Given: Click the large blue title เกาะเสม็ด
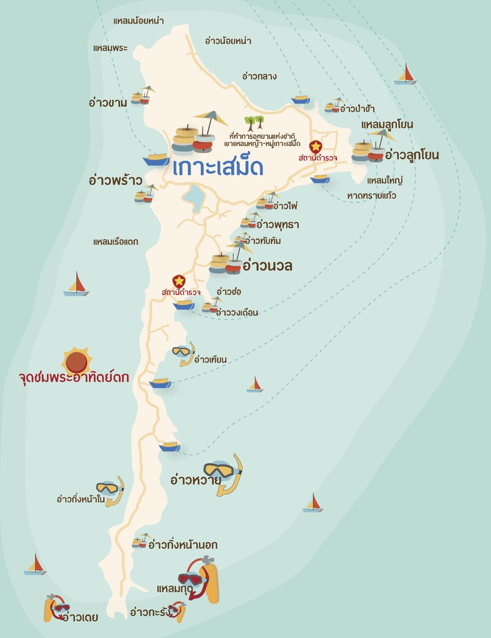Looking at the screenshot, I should [x=218, y=167].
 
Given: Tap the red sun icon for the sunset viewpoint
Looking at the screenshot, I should [x=77, y=361].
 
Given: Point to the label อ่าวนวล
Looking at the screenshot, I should [x=267, y=266].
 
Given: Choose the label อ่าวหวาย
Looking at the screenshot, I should [x=196, y=478].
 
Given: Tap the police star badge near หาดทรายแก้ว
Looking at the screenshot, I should [x=316, y=146].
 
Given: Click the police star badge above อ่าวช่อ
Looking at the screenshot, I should [x=178, y=281].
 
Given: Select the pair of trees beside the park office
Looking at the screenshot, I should [x=254, y=122].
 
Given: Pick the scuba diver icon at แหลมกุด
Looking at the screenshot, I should [x=201, y=577].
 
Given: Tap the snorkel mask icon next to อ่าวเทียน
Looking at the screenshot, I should [x=184, y=353].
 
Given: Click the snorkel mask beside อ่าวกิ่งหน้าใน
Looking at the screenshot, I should [x=111, y=490].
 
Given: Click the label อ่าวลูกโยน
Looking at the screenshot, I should [x=411, y=155].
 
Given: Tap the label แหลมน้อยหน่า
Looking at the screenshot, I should [x=138, y=21].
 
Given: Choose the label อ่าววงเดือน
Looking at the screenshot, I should [x=237, y=312].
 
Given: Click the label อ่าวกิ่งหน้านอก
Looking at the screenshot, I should [x=182, y=545].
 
